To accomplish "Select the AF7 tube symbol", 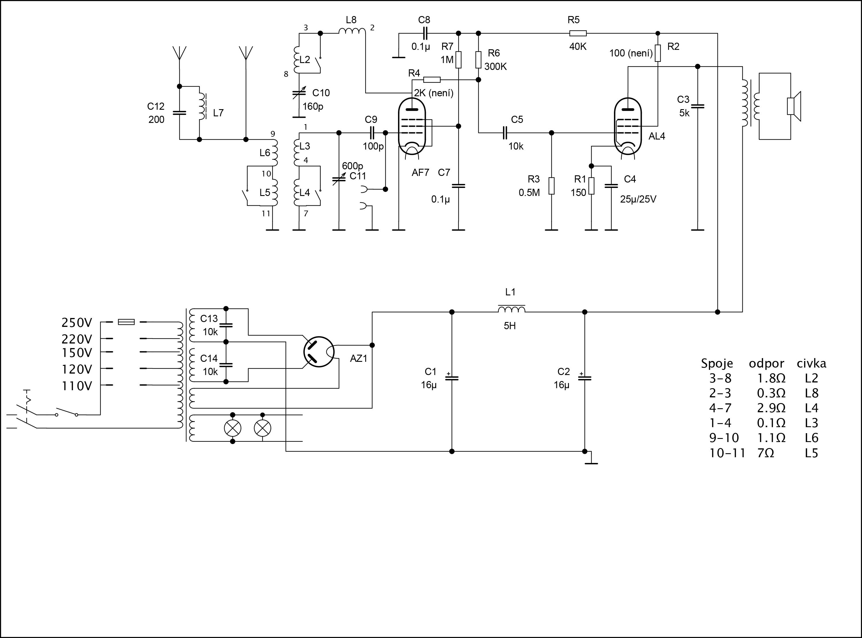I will tap(412, 126).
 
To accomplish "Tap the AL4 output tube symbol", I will tap(628, 125).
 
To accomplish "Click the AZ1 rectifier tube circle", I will tap(319, 352).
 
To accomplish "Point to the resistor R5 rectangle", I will tap(578, 33).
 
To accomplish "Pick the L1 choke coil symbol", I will tap(511, 309).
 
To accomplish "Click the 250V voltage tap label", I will tap(77, 323).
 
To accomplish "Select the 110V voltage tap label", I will tap(77, 386).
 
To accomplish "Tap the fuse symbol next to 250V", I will tap(126, 322).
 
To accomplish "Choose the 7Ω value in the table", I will tap(765, 453).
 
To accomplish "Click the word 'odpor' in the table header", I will tap(766, 364).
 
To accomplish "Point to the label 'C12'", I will tap(156, 106).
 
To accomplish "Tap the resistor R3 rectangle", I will tap(552, 186).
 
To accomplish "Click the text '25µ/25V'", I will tap(638, 199).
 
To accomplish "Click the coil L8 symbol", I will tap(352, 31).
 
